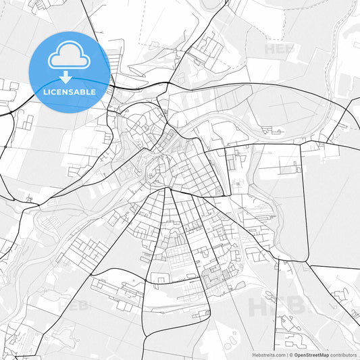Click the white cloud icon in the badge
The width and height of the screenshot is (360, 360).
coord(70,57)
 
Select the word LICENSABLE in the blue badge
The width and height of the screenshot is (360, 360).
coord(70,91)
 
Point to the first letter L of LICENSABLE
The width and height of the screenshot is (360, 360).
coord(45,91)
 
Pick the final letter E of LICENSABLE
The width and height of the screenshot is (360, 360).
coord(94,91)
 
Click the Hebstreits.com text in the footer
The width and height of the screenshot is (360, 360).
coord(268,354)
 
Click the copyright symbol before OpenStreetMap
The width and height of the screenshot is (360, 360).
coord(290,354)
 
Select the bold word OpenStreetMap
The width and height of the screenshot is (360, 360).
coord(311,354)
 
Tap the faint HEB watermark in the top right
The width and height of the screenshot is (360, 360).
coord(279,49)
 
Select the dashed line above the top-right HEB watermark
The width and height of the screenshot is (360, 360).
coord(270,27)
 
